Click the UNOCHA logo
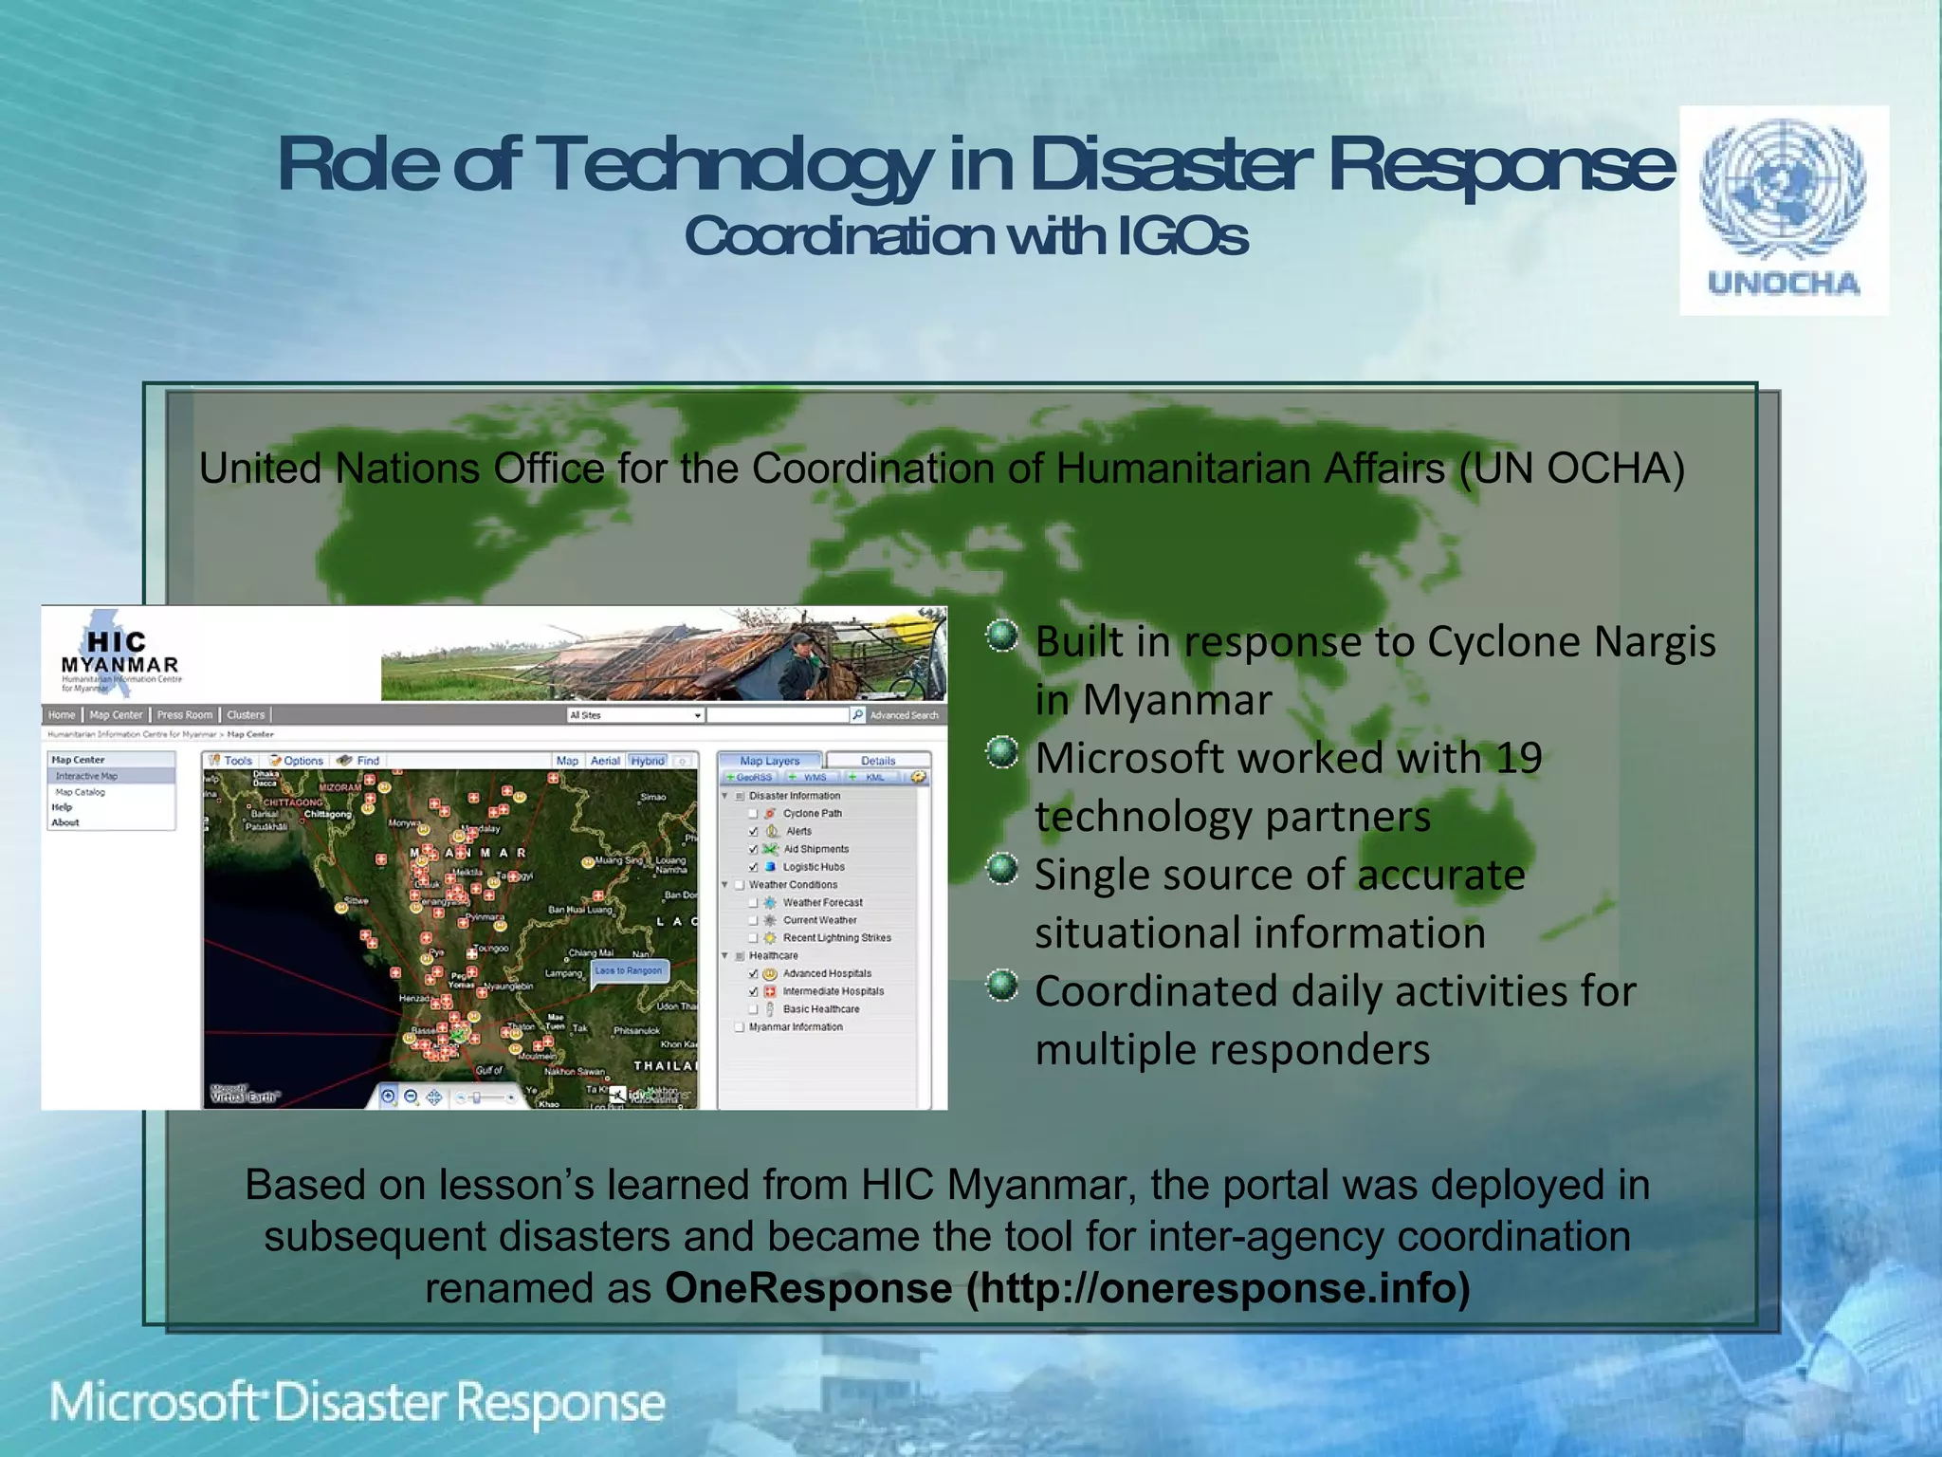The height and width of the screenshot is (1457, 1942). pos(1783,210)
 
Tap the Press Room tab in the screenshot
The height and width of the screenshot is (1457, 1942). pos(185,715)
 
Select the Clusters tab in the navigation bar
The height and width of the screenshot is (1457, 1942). pos(246,715)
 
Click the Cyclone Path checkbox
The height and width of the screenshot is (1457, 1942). pos(754,814)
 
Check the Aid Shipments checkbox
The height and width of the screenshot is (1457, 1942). pos(754,849)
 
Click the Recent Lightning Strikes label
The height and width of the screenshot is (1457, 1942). pos(836,938)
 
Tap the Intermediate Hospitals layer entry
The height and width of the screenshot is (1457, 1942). pos(833,991)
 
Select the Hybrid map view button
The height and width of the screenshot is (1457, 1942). pos(648,761)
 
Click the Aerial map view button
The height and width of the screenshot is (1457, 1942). pos(605,761)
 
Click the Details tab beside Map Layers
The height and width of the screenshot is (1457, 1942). pos(877,761)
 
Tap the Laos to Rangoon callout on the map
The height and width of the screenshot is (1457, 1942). pos(629,970)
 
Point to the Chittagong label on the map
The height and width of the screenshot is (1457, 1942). pos(327,815)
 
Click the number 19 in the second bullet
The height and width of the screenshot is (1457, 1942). pos(1518,758)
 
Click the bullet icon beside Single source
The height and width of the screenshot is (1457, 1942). pos(1001,869)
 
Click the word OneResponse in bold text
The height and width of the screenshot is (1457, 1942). pos(808,1288)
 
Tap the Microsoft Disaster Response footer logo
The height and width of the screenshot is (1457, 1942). pos(357,1402)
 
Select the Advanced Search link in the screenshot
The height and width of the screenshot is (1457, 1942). pos(904,715)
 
